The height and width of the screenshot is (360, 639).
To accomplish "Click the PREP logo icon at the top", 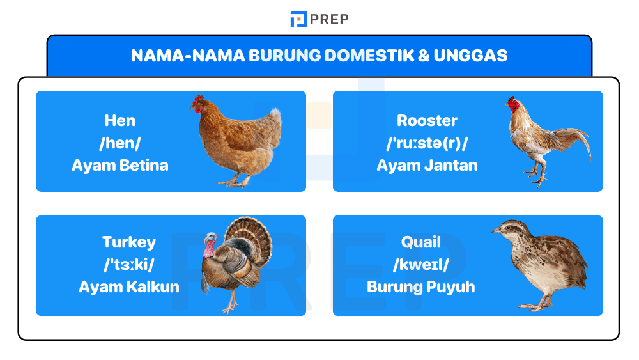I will pyautogui.click(x=298, y=19).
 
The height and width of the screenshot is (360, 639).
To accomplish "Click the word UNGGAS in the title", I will pyautogui.click(x=470, y=56).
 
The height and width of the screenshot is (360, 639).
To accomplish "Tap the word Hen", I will pyautogui.click(x=120, y=120).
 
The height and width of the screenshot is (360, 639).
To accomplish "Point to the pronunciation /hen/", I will pyautogui.click(x=120, y=143).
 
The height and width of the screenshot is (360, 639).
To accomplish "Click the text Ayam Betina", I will pyautogui.click(x=120, y=166).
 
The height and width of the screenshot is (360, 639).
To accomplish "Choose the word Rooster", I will pyautogui.click(x=427, y=120).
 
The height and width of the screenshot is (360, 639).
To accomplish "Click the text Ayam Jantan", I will pyautogui.click(x=427, y=166).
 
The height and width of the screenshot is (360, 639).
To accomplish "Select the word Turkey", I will pyautogui.click(x=129, y=242).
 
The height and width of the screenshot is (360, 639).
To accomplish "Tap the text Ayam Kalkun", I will pyautogui.click(x=129, y=287).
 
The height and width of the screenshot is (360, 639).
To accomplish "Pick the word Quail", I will pyautogui.click(x=421, y=242).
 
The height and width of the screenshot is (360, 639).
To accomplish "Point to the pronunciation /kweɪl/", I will pyautogui.click(x=421, y=265).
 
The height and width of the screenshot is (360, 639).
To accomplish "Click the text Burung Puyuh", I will pyautogui.click(x=421, y=287).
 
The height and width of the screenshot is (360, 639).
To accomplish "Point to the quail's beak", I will pyautogui.click(x=495, y=230).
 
